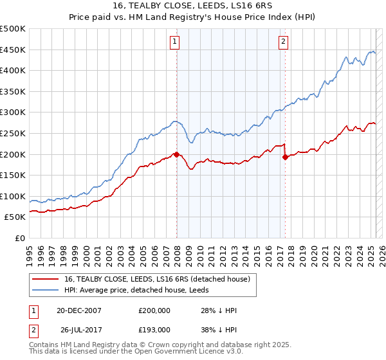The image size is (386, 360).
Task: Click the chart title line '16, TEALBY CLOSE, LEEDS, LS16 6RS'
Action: click(x=192, y=6)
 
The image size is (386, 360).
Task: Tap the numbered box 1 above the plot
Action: click(x=174, y=42)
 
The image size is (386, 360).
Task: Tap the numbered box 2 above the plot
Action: click(x=283, y=42)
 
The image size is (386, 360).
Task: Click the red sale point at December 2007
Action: click(x=176, y=154)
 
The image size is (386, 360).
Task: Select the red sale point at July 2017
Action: click(x=285, y=157)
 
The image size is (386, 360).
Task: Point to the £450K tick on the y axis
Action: click(x=13, y=50)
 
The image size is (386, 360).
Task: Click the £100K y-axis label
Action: click(x=13, y=196)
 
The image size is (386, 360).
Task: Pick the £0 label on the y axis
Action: click(x=19, y=239)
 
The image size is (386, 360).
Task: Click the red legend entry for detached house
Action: click(x=161, y=278)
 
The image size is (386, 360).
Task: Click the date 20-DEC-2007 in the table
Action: click(x=79, y=310)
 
